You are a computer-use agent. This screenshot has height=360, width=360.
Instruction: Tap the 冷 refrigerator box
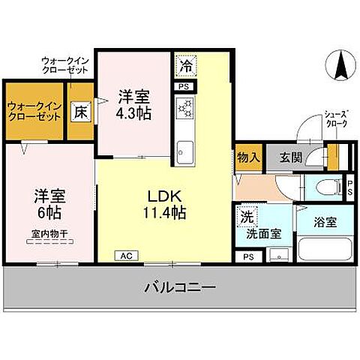tap(184, 66)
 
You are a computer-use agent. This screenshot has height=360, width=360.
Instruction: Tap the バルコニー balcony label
tap(179, 286)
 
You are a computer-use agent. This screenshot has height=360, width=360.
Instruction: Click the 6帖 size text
tap(49, 213)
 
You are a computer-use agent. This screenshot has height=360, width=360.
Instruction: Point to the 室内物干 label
tap(49, 233)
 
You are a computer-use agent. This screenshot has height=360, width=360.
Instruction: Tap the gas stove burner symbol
tap(184, 110)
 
